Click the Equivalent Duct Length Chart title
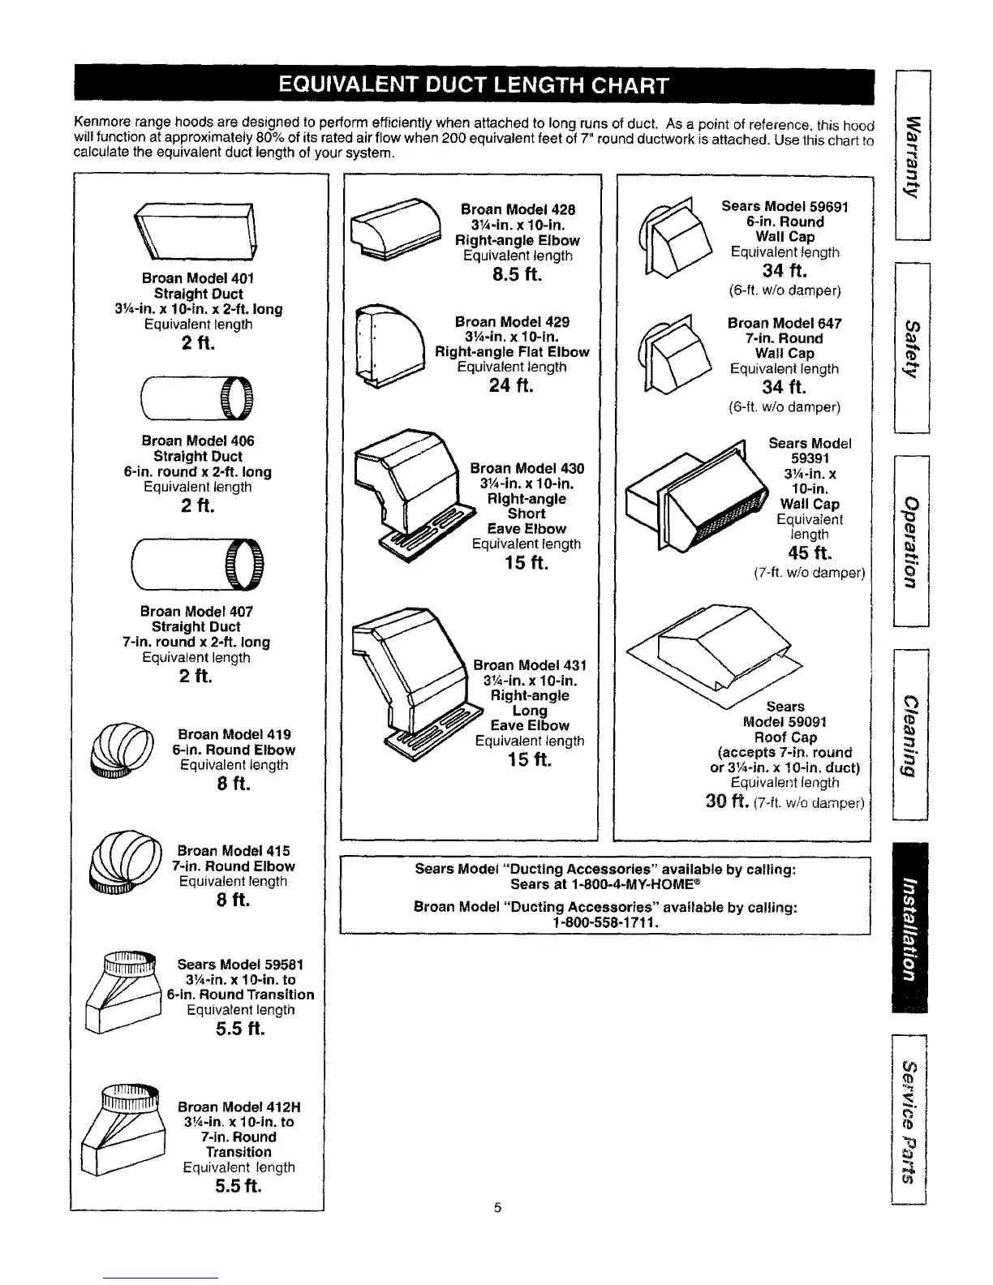click(x=474, y=84)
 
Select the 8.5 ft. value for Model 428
click(x=517, y=275)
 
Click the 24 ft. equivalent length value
click(x=511, y=386)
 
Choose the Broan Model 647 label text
click(x=785, y=323)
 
